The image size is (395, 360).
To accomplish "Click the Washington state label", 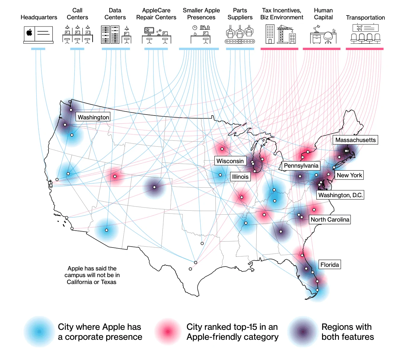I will (93, 117).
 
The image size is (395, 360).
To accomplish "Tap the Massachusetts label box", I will (355, 140).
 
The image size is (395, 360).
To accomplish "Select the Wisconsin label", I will (230, 161).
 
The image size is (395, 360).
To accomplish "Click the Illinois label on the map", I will (240, 177).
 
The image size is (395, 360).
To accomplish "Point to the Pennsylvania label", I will (301, 166).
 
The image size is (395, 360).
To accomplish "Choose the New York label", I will (349, 175).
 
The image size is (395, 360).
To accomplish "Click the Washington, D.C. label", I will (340, 195).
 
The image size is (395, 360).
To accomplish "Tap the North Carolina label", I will (330, 219).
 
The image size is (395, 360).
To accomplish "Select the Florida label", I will (330, 265).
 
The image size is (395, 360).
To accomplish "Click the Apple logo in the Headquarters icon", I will (30, 33).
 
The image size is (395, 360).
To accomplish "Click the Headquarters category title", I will (39, 17).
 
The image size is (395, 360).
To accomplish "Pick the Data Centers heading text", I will (115, 14).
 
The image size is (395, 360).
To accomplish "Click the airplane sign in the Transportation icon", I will (359, 28).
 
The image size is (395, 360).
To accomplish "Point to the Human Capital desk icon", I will (323, 36).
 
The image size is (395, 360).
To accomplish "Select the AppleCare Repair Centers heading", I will (156, 14).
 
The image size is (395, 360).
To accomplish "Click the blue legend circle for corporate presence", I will (39, 332).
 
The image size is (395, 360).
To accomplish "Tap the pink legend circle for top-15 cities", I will (168, 332).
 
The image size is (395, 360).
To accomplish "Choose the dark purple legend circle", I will (302, 332).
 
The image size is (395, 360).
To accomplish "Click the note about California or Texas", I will (92, 275).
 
